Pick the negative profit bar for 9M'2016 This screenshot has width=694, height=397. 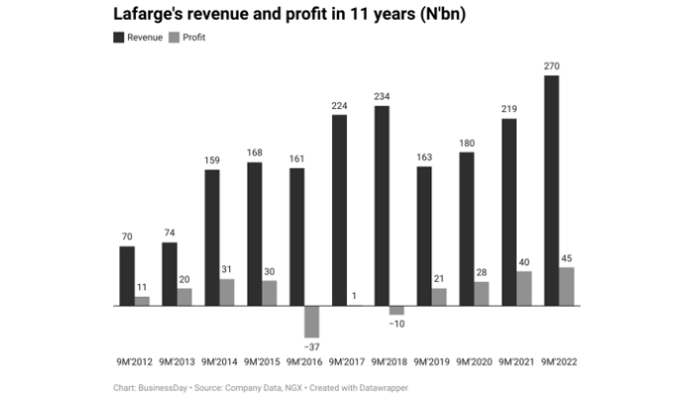click(311, 322)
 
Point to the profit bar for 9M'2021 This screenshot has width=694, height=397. click(524, 288)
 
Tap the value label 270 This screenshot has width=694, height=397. click(552, 66)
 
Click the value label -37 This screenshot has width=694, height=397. click(311, 346)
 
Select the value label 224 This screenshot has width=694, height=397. click(339, 106)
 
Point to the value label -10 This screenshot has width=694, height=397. click(397, 324)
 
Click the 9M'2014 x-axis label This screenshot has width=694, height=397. click(219, 361)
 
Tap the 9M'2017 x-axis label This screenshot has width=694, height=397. click(347, 361)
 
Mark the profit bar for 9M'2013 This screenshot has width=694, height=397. click(184, 297)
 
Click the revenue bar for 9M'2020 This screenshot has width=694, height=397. click(467, 229)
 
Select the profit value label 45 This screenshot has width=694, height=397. click(567, 259)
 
